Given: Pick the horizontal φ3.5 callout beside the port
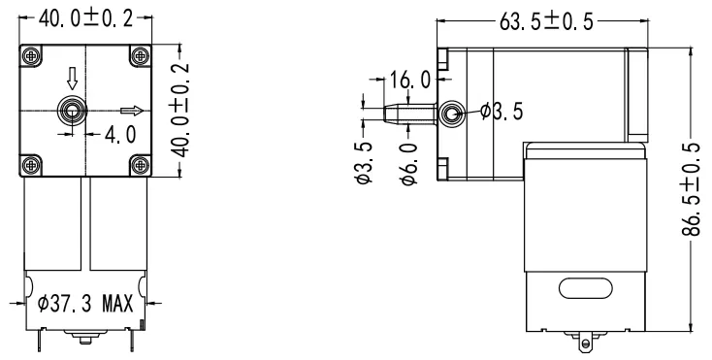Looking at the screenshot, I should [503, 114].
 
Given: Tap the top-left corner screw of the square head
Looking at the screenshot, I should [33, 56].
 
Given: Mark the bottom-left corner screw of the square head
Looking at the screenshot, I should [33, 164].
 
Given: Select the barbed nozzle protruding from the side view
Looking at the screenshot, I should [403, 115].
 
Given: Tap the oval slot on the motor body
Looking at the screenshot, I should [581, 288].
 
